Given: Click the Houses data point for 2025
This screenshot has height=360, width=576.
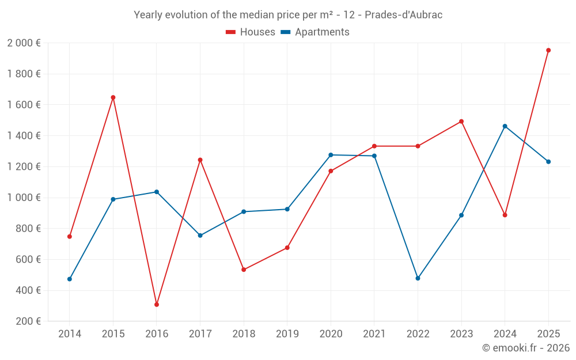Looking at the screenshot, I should (548, 50).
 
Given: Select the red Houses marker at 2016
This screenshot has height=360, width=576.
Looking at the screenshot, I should (157, 305).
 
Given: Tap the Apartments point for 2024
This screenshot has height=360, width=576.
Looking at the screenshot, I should (505, 126).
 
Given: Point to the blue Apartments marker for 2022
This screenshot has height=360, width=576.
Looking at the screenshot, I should (418, 278).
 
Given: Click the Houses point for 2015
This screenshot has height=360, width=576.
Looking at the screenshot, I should (113, 97).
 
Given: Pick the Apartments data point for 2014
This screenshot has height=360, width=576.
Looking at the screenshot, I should (70, 279).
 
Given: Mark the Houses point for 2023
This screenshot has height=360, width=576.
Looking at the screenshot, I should (461, 122).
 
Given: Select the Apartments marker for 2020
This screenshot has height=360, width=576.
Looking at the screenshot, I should (331, 155).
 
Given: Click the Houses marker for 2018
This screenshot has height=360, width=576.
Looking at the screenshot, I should (244, 270).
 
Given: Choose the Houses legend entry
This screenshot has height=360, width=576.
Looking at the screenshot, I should (251, 32).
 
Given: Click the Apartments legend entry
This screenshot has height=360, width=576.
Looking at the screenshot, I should (315, 32).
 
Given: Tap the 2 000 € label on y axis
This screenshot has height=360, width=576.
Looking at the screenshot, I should (24, 43).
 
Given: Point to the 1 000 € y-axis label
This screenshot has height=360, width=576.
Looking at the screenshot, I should (24, 198).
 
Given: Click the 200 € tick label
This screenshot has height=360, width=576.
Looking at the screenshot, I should (27, 321).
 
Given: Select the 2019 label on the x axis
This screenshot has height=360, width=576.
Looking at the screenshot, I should (287, 334).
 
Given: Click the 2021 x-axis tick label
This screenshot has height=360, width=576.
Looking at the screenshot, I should (374, 334).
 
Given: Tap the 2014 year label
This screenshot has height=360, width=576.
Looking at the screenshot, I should (70, 334).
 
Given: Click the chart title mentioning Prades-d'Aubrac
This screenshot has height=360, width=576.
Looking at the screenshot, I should (288, 15).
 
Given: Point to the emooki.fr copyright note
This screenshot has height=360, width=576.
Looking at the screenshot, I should (526, 348).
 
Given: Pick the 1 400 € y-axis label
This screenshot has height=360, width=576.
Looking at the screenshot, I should (24, 136).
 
